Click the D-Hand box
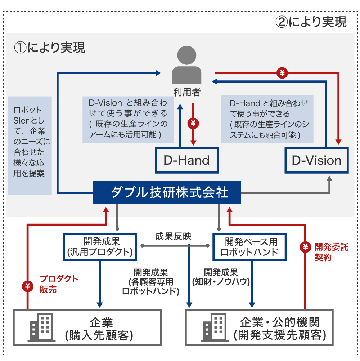[x=186, y=160]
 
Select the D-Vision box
[x=316, y=160]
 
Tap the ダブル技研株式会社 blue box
[x=167, y=192]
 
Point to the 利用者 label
[x=186, y=92]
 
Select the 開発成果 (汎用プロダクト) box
[x=100, y=246]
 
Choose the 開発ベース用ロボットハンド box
[x=249, y=246]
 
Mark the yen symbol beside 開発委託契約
[x=305, y=247]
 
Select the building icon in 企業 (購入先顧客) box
[x=40, y=327]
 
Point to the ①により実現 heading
[x=50, y=47]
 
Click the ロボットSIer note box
[x=30, y=145]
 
